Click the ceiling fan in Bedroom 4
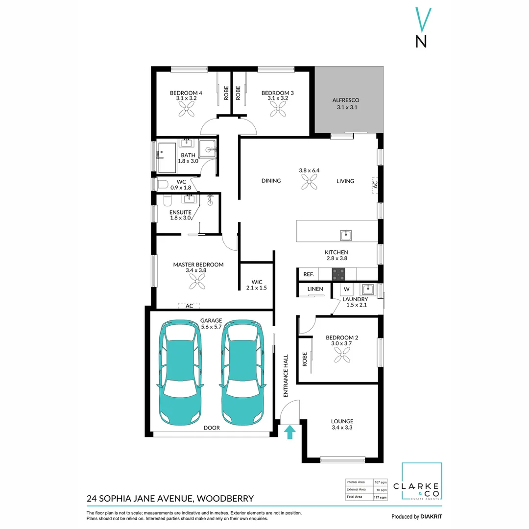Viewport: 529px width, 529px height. click(186, 112)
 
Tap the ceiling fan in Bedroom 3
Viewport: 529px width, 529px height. click(278, 112)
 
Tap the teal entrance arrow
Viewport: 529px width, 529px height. click(290, 432)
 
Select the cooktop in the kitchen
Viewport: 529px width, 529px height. click(338, 274)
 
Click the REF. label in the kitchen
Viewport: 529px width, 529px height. click(309, 275)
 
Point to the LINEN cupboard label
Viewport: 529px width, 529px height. click(315, 289)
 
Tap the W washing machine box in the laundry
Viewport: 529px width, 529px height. click(346, 289)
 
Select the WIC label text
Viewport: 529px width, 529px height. click(257, 282)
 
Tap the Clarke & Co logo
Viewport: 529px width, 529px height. click(422, 482)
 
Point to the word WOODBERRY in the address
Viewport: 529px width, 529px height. click(226, 499)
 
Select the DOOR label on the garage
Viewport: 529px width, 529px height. click(212, 428)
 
